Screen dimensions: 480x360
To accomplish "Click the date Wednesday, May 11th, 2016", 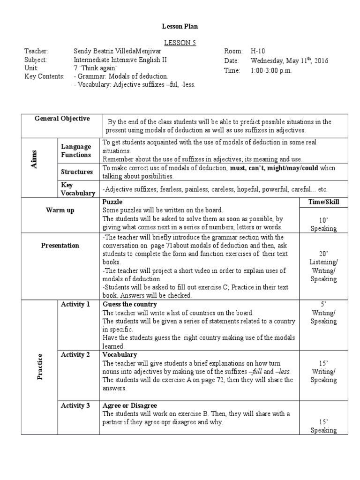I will pos(289,60).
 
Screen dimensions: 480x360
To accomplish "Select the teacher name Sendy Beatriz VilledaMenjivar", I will pos(126,51).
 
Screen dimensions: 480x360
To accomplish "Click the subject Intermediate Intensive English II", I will pos(120,60).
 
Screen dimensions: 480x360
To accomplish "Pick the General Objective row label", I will pos(62,119).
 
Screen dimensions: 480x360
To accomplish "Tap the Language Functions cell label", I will pos(75,150).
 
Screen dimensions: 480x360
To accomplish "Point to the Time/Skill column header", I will pos(324,202).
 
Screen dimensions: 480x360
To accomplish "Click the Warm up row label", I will pos(60,210).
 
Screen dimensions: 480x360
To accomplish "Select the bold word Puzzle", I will pos(112,202).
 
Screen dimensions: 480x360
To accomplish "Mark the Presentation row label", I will pos(60,245).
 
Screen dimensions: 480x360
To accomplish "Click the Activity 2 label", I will pos(75,354).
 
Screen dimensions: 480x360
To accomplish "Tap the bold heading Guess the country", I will pos(130,304).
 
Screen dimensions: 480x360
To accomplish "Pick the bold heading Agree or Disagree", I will pos(130,405).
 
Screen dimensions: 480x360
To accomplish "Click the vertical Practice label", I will pos(40,367).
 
